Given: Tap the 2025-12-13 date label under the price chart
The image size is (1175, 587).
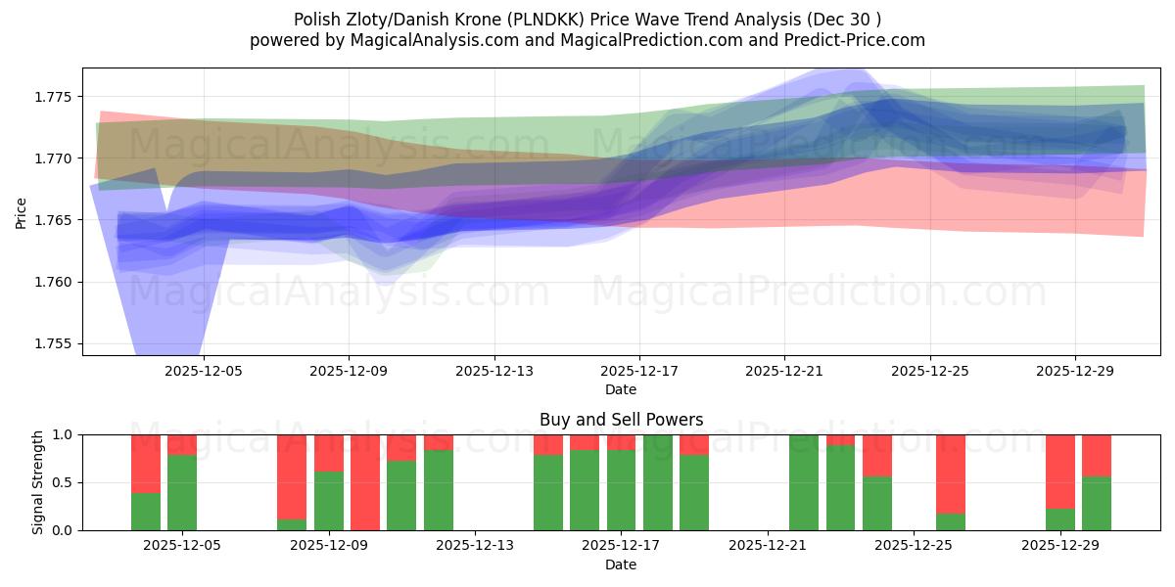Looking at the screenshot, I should (493, 371).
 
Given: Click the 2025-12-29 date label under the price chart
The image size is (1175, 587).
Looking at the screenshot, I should (1075, 371).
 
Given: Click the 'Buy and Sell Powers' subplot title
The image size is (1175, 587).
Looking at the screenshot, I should (621, 420).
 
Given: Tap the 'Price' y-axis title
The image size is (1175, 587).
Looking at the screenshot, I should (22, 211).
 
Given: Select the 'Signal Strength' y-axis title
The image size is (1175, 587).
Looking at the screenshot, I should (38, 482).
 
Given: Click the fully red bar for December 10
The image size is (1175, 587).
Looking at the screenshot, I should (365, 482).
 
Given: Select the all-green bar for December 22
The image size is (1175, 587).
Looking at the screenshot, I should (804, 482).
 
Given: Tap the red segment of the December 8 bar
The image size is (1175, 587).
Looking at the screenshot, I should (292, 475).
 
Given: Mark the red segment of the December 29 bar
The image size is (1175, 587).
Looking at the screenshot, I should (1059, 471).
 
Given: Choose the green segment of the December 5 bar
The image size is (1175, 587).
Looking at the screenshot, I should (182, 493).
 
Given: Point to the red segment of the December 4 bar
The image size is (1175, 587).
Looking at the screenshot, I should (146, 463).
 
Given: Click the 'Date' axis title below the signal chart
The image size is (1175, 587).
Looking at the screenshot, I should (621, 564).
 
